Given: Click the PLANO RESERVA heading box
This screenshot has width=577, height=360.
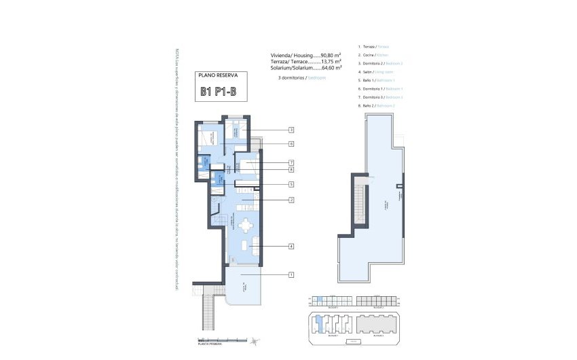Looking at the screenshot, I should point(219,75).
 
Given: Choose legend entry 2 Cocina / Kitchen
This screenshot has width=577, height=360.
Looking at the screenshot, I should point(373,54).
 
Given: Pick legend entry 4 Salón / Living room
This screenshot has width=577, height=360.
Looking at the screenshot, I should point(374,71).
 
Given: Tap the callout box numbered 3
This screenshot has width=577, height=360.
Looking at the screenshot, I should point(291,130).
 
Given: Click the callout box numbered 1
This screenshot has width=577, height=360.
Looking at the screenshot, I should point(291,274).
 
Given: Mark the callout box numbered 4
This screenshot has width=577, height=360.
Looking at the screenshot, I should point(291,246).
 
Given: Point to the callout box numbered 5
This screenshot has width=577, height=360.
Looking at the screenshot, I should point(291,184).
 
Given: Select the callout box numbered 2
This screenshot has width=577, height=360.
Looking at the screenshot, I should point(291,200).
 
